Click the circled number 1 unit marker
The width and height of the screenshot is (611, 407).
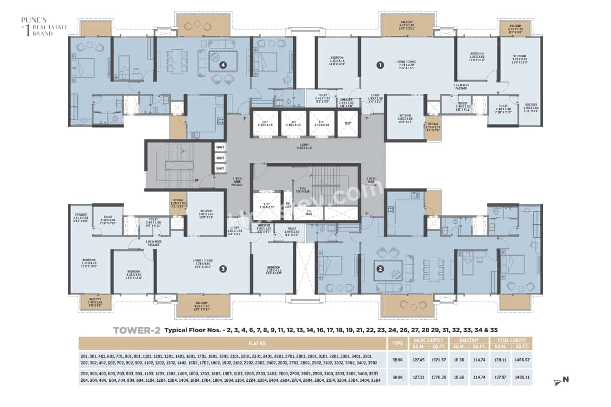click(x=380, y=65)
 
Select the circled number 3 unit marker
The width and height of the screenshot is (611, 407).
click(x=222, y=269)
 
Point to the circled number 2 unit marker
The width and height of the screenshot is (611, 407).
click(x=380, y=268)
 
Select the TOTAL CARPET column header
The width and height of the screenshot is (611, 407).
click(x=511, y=340)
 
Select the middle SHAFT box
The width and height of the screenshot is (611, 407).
click(x=220, y=157)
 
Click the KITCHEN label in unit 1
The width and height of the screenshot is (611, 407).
click(x=404, y=117)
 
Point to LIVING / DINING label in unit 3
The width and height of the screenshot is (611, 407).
click(x=202, y=262)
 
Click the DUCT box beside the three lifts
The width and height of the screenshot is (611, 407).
click(x=348, y=123)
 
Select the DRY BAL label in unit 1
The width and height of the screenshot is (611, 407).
click(x=432, y=126)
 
